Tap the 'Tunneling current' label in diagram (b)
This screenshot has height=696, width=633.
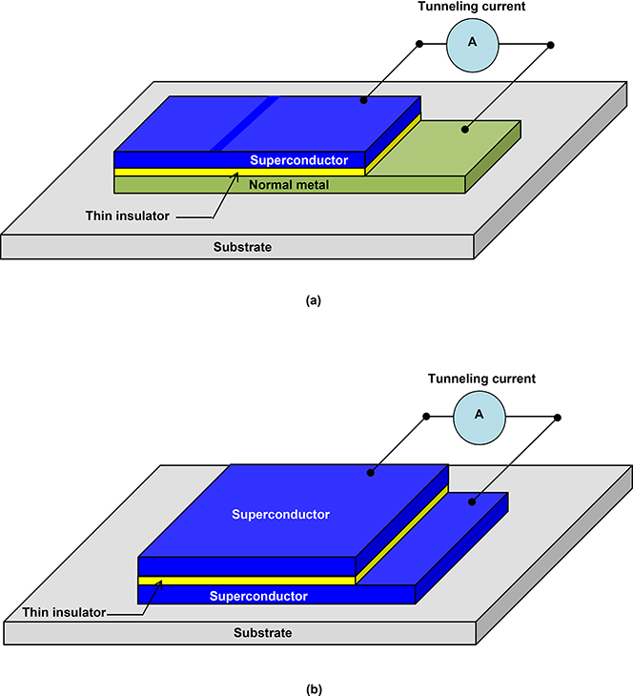click(481, 379)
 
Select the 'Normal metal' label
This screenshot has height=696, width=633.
click(289, 185)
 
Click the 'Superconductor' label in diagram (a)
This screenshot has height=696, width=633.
click(298, 160)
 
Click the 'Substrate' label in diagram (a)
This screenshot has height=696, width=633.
click(241, 247)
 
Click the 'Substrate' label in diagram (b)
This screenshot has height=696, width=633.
click(262, 633)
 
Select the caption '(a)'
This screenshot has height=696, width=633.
click(314, 299)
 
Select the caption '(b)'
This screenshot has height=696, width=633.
click(314, 686)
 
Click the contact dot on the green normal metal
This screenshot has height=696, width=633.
click(465, 128)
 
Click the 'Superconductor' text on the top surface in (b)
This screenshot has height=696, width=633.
click(280, 514)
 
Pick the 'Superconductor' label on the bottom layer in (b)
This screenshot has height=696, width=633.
click(258, 596)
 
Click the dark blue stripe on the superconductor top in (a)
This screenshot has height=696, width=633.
click(244, 124)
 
